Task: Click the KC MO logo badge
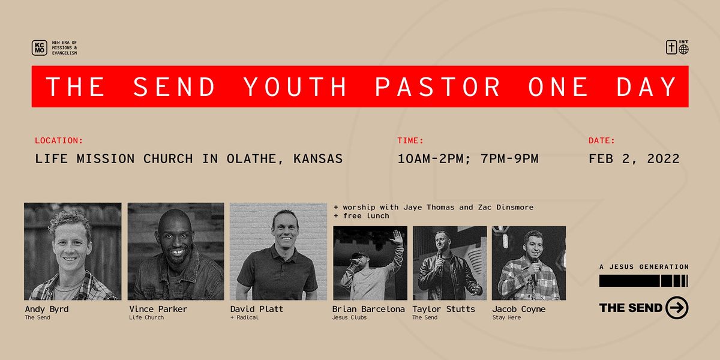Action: [x=40, y=48]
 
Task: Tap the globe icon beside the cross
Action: [x=683, y=49]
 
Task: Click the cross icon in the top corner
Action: [x=671, y=47]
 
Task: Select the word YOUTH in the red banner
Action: [x=295, y=86]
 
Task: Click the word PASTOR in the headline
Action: [x=437, y=86]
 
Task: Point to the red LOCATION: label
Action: [x=59, y=140]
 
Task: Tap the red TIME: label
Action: [x=410, y=140]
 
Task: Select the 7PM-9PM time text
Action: [x=509, y=159]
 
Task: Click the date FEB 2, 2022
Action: [x=634, y=159]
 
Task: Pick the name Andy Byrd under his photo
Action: [x=47, y=309]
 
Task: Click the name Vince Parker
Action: [x=158, y=309]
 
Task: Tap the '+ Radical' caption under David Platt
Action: [x=244, y=317]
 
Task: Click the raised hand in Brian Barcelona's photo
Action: [x=397, y=237]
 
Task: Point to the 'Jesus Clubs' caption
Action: [x=349, y=317]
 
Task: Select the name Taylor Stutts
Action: [x=443, y=309]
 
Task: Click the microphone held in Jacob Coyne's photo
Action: [x=535, y=264]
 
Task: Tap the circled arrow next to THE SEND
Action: [x=677, y=308]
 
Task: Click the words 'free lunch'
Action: [x=366, y=216]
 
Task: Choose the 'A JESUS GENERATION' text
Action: [x=644, y=267]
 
